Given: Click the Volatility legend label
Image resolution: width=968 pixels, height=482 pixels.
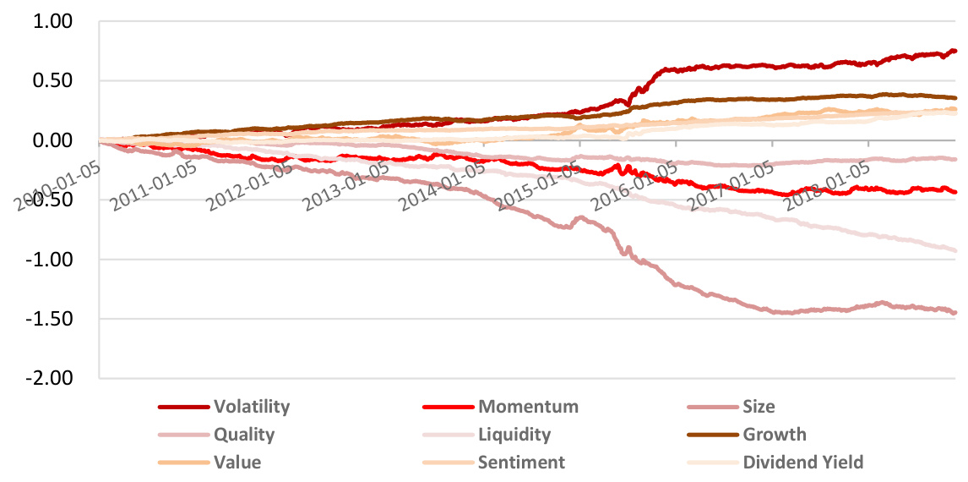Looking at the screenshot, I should pyautogui.click(x=251, y=407).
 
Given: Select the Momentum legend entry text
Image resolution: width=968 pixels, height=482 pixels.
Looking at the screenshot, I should pyautogui.click(x=528, y=407).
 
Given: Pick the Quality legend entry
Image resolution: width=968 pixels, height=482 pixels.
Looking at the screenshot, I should pyautogui.click(x=244, y=435).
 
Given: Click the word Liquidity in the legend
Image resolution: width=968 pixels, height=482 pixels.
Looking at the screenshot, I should pyautogui.click(x=514, y=435).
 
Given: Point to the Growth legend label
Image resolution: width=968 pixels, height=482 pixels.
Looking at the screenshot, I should pyautogui.click(x=774, y=435).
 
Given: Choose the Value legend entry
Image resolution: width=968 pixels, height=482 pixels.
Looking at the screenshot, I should pyautogui.click(x=237, y=463).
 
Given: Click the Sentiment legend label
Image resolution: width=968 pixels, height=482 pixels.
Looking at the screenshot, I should pyautogui.click(x=521, y=463).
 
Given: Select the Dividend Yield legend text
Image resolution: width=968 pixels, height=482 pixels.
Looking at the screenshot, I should pyautogui.click(x=802, y=463).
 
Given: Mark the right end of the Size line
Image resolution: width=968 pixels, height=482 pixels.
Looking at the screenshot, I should pyautogui.click(x=955, y=313).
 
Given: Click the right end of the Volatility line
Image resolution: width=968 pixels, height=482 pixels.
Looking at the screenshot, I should pyautogui.click(x=955, y=51).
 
